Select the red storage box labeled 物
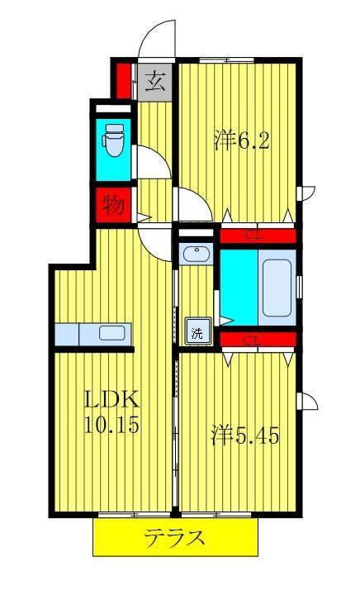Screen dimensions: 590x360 (x=114, y=205)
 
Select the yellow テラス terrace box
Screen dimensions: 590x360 (x=175, y=539)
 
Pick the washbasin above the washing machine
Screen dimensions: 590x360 (x=197, y=255)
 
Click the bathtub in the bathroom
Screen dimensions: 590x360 (x=275, y=291)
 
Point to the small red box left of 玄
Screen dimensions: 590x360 (x=123, y=80)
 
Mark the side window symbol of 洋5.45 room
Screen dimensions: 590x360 (x=307, y=402)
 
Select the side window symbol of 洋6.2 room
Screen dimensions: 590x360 (x=307, y=193)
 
